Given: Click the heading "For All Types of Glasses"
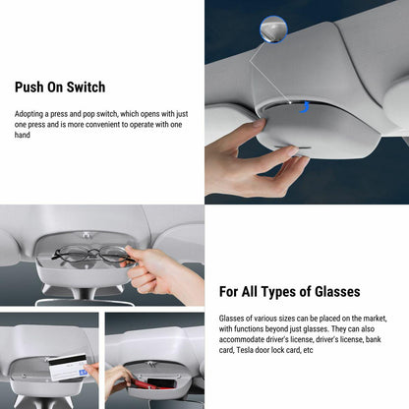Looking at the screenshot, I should click(290, 291).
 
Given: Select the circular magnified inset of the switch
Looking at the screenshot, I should click(272, 29).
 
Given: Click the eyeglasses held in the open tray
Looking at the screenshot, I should click(89, 255).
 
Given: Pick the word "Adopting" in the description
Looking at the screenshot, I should click(30, 114).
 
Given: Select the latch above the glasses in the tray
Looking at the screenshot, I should click(86, 236).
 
